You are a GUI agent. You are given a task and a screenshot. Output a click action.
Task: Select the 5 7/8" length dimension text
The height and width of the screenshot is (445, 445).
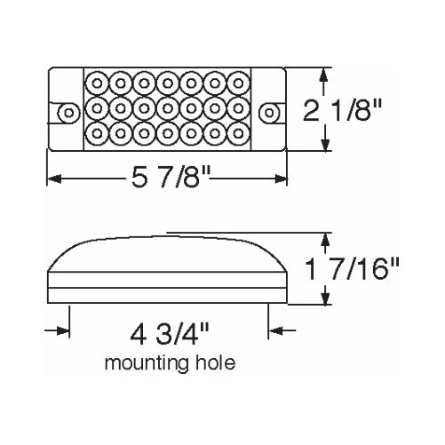[x=170, y=179]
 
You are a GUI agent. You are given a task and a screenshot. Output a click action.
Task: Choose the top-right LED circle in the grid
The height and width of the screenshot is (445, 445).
[x=235, y=81]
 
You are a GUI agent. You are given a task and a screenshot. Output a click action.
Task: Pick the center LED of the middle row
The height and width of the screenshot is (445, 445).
[x=166, y=108]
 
